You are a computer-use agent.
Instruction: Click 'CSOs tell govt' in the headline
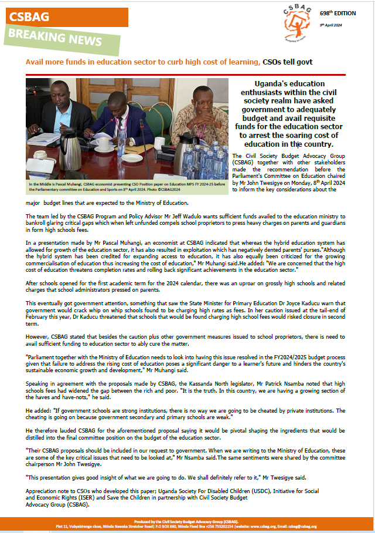pos(288,62)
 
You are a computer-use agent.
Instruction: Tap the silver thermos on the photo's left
pos(70,151)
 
